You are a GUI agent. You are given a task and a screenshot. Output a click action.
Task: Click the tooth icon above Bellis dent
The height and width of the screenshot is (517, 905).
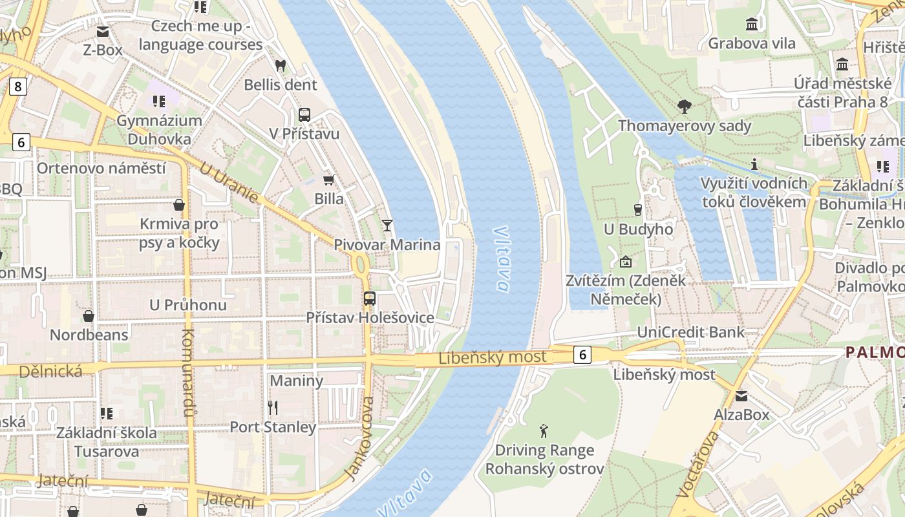tap(281, 65)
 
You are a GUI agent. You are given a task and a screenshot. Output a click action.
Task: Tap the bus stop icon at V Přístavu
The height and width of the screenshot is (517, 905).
tap(304, 115)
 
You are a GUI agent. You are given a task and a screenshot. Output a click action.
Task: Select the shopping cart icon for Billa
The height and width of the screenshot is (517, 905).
tap(329, 180)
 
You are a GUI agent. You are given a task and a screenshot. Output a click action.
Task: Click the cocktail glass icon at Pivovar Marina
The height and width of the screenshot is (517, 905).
tap(387, 225)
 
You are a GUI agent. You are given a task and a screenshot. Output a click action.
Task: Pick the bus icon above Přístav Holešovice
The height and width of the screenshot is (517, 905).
tap(369, 299)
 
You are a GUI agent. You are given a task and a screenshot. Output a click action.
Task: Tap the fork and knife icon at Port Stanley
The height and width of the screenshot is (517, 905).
tap(273, 407)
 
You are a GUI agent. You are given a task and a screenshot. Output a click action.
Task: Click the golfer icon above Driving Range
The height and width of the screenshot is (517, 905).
tap(544, 430)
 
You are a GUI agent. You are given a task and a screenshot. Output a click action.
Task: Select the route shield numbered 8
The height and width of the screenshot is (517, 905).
tap(17, 86)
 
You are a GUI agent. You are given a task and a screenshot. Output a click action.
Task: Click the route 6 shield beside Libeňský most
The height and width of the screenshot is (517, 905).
tap(582, 354)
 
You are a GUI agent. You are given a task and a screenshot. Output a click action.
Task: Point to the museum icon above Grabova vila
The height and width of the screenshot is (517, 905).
tap(752, 25)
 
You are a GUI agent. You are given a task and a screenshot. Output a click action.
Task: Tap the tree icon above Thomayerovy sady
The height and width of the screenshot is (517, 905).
tap(685, 106)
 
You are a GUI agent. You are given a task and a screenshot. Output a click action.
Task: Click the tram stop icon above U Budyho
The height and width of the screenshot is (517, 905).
tap(638, 209)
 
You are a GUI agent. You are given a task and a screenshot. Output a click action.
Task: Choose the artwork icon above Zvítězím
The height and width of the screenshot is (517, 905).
tap(625, 262)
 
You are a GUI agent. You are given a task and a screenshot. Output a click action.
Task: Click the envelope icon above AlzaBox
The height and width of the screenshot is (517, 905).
tap(741, 396)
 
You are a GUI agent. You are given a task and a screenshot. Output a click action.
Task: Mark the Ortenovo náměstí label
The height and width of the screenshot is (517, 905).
tap(101, 169)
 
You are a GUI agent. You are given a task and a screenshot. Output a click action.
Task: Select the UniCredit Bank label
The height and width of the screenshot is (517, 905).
tap(690, 332)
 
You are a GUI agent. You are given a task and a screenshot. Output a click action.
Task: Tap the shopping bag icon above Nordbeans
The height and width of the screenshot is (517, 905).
tap(89, 316)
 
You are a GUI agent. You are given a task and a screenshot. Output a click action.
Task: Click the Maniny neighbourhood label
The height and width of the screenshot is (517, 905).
tap(296, 380)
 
